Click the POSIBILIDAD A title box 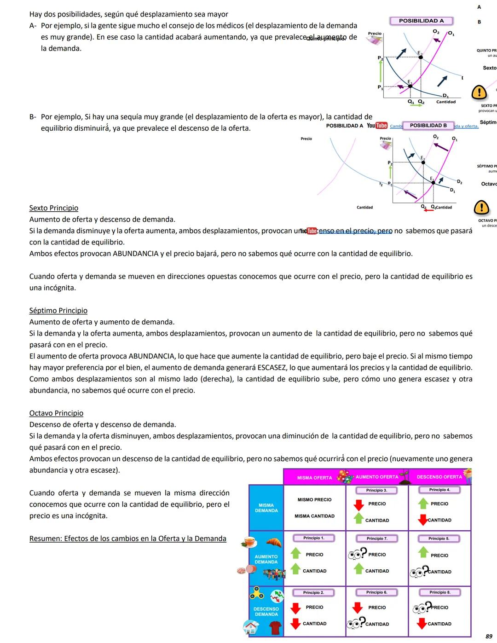click(421, 21)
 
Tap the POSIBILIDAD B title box click(428, 125)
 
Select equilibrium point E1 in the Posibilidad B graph click(433, 183)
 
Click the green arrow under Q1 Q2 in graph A click(416, 105)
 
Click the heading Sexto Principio click(54, 208)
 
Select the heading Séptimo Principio click(58, 311)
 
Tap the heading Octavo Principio click(56, 413)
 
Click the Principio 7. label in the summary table click(377, 539)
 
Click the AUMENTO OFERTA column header click(377, 477)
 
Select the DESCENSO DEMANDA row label click(266, 612)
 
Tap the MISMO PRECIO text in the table click(314, 500)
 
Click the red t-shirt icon click(275, 627)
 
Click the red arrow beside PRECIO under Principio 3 click(358, 505)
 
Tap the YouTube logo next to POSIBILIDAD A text click(377, 126)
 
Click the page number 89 click(489, 636)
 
